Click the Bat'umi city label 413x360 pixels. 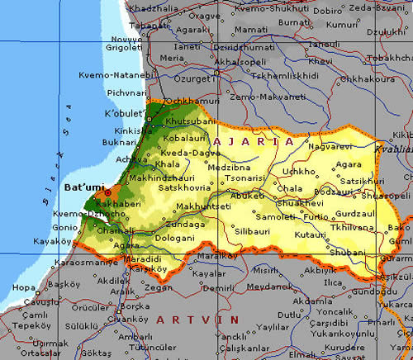tap(83, 188)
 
